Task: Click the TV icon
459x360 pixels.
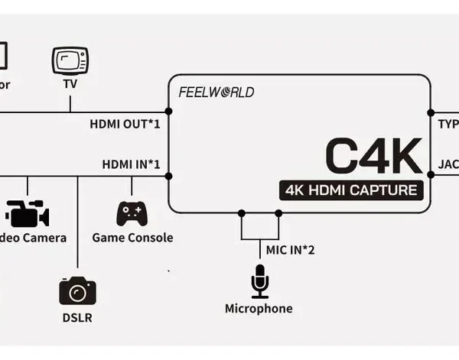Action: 70,60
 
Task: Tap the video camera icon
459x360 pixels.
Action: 28,212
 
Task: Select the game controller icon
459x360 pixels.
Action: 132,212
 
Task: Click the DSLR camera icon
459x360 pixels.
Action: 77,290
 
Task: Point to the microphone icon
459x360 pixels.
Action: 260,282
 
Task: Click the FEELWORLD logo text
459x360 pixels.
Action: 216,92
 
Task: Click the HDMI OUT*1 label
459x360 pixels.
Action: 125,123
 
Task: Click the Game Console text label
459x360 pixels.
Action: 132,238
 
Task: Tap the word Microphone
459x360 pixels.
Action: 259,309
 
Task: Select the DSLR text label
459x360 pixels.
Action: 77,317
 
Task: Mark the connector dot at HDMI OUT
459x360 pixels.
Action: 168,112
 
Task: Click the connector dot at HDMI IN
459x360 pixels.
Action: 168,176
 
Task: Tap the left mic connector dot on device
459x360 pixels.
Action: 242,213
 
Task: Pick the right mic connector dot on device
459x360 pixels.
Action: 278,213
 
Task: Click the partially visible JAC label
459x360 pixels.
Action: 448,164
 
